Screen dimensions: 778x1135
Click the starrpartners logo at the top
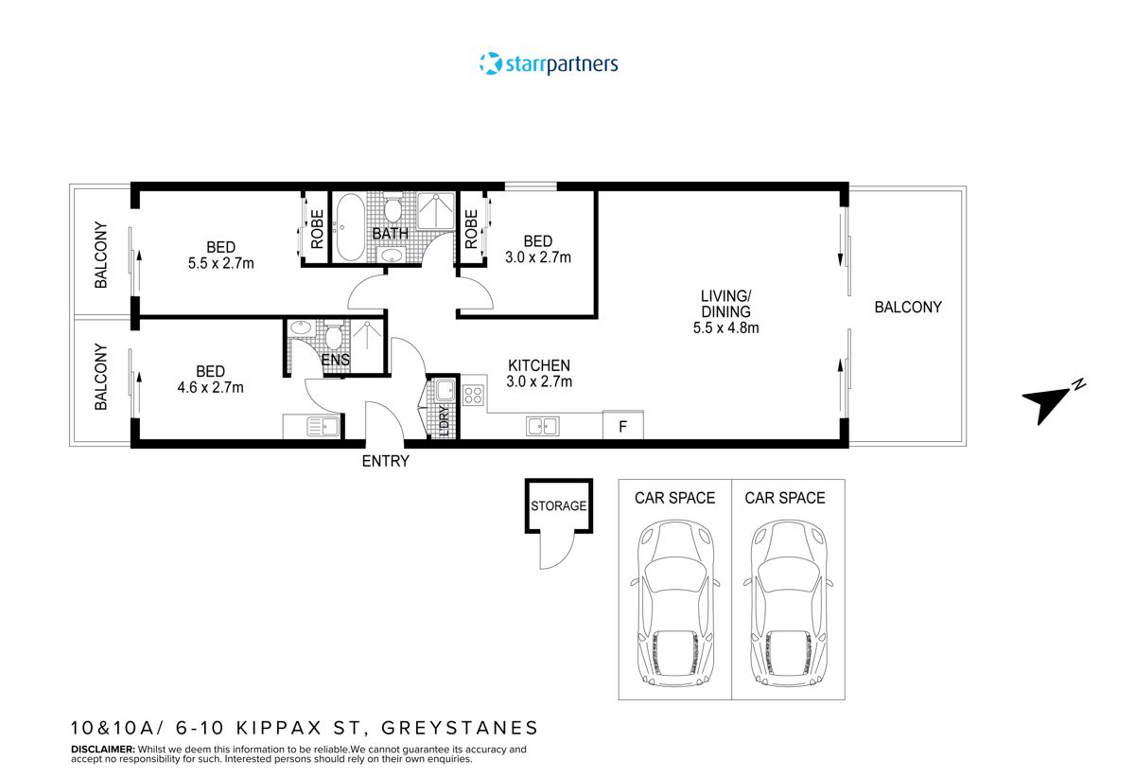pos(549,64)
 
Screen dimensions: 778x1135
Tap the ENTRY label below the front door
pos(386,461)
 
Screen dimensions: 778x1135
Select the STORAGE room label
pos(558,506)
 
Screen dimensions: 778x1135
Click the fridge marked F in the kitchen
pos(622,426)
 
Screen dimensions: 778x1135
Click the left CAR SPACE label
pos(674,498)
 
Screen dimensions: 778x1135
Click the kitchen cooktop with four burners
pos(473,396)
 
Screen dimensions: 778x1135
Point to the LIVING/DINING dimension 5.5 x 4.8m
pos(726,328)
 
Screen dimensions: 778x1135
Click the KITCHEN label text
pos(539,365)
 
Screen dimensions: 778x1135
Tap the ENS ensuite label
pos(336,360)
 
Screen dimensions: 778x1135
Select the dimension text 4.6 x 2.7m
pos(209,387)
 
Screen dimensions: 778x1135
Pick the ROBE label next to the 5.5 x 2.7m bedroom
pos(317,228)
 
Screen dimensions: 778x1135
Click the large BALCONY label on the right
pos(907,307)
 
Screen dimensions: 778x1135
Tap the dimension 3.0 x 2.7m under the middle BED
pos(537,257)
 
